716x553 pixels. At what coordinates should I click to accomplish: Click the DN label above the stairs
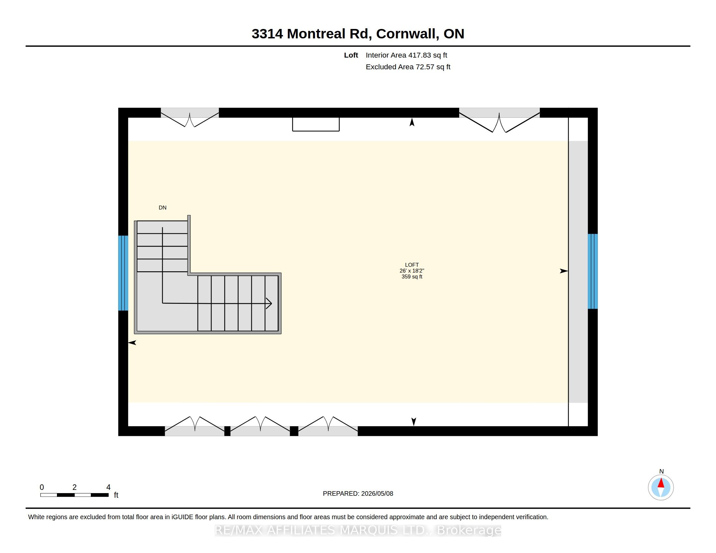[x=163, y=208]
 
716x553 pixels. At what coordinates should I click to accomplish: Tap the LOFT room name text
[x=412, y=265]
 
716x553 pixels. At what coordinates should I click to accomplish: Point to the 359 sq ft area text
[x=412, y=276]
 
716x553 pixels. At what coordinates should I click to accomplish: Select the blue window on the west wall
[x=123, y=273]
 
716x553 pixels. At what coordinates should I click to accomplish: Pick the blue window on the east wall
[x=593, y=271]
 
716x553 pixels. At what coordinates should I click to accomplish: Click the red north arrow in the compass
[x=661, y=483]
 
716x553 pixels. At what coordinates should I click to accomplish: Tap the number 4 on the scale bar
[x=108, y=487]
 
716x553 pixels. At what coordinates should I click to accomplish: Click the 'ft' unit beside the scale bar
[x=116, y=495]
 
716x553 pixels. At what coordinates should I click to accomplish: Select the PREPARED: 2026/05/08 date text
[x=358, y=493]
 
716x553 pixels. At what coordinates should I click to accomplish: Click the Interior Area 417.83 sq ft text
[x=406, y=55]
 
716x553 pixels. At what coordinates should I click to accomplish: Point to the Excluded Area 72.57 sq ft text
[x=408, y=67]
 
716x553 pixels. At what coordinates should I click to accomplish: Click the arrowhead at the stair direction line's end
[x=269, y=303]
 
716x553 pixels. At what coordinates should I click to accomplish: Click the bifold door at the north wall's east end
[x=499, y=120]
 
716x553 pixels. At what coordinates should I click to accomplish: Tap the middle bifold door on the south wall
[x=260, y=426]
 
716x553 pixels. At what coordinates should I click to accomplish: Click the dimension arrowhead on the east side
[x=564, y=271]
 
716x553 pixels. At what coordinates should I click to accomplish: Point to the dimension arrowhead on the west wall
[x=132, y=343]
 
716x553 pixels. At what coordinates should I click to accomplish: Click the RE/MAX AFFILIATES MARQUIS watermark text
[x=358, y=530]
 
